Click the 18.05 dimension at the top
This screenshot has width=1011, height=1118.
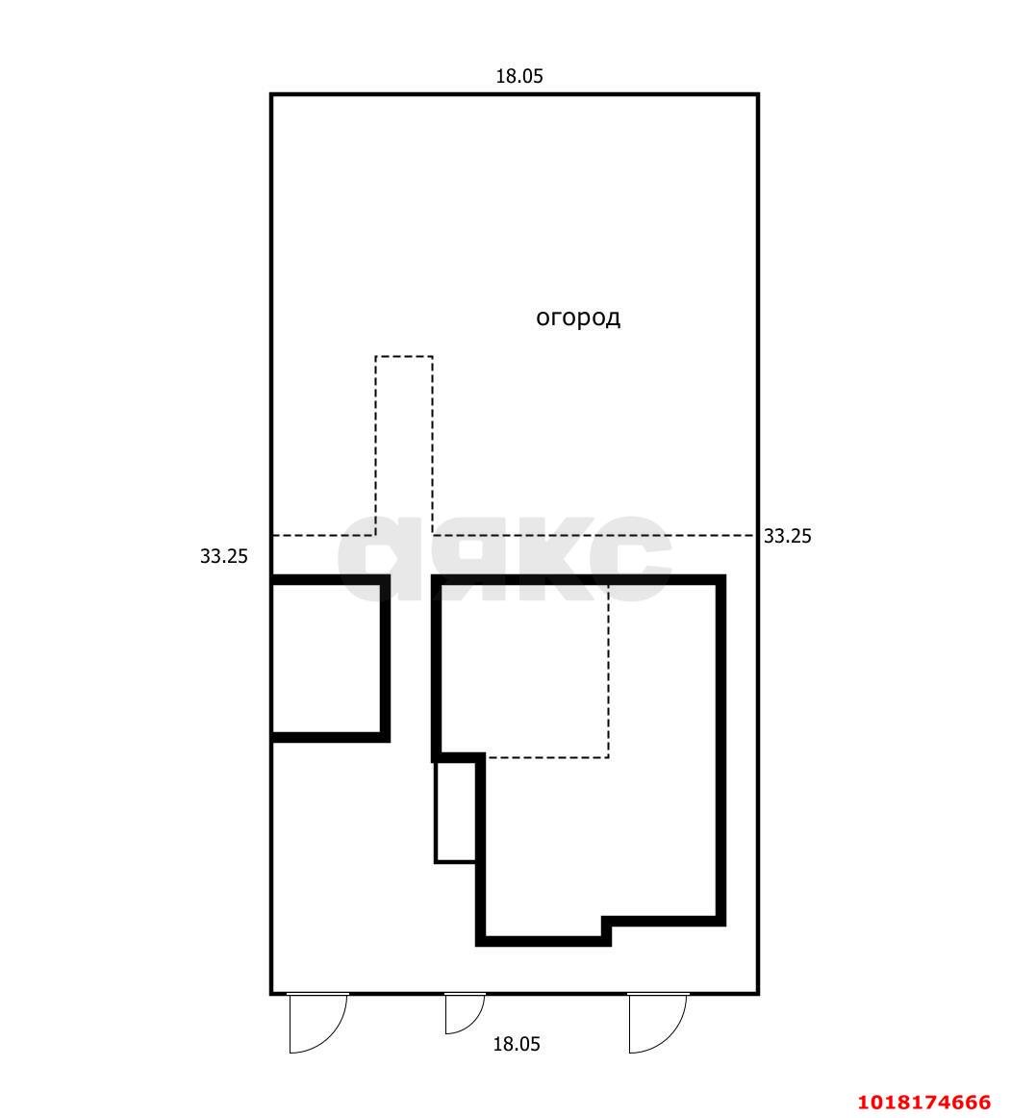coord(519,76)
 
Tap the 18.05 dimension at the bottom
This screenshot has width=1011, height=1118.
coord(517,1044)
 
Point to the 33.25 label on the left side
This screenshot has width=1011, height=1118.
coord(224,556)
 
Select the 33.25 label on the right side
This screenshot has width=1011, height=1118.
coord(787,536)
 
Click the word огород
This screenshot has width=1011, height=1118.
coord(578,318)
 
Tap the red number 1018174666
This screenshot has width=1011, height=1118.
coord(924,1102)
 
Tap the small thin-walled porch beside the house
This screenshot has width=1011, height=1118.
coord(456,812)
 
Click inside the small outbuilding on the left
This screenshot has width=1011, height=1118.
coord(326,658)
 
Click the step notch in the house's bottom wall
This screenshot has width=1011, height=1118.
coord(607,929)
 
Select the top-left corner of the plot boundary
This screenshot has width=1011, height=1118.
coord(271,94)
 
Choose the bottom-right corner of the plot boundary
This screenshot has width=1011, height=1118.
coord(758,993)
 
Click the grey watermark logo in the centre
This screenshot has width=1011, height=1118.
coord(505,558)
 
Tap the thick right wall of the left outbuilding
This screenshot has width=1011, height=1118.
coord(385,658)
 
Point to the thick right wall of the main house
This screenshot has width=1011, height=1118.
coord(720,750)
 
